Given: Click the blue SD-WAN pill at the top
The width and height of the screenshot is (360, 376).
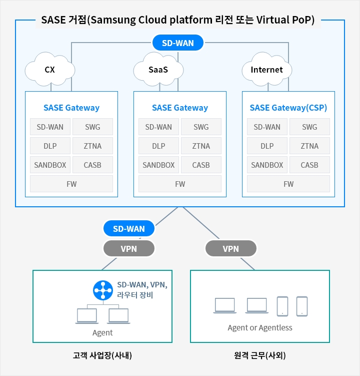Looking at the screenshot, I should coord(178,43).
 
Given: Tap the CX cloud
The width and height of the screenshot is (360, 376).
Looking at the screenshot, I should coord(50,70).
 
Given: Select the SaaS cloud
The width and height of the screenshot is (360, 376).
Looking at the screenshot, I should coord(158,70).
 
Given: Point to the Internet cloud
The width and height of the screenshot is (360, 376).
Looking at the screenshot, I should coord(266,70).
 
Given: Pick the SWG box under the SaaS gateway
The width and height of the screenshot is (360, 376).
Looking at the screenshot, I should coord(201,127).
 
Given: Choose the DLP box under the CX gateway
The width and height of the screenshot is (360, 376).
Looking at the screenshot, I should coord(50,146).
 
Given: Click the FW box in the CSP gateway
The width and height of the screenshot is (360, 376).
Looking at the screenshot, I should coord(288,184).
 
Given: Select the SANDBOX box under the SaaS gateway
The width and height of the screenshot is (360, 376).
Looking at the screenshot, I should coord(158,165).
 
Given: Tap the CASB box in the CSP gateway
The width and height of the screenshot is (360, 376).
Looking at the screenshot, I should coord(309,165).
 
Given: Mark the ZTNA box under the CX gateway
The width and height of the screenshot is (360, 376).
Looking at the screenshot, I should coord(92,146).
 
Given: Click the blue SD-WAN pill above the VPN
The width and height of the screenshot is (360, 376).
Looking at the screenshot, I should coord(129,229).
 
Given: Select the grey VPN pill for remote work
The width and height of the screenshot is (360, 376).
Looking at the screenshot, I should coord(230,248).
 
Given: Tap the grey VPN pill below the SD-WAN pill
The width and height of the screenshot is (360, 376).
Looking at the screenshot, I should coord(129,248).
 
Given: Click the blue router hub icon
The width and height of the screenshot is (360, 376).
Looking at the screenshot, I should coord(103,290).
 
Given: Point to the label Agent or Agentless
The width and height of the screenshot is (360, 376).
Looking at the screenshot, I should coord(260,328).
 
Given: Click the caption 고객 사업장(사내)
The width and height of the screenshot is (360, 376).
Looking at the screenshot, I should coord(102,356).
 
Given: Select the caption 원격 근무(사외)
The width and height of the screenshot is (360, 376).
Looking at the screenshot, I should coord(260,356).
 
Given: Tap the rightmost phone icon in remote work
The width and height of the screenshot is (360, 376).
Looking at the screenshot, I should coord(301,306).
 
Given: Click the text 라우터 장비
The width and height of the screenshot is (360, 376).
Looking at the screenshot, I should coord(135,295).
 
